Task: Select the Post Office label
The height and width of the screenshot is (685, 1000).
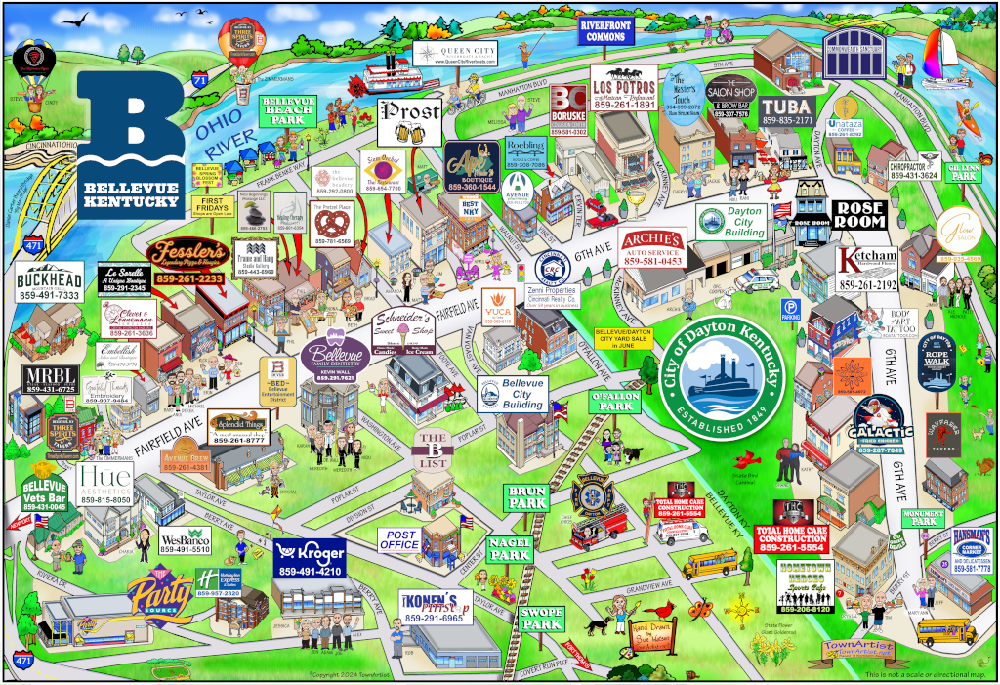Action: coord(400,539)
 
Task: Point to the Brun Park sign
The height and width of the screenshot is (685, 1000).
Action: coord(527,497)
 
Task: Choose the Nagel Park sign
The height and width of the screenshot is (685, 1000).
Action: coord(510,549)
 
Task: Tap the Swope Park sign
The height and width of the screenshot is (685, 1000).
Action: coord(541,619)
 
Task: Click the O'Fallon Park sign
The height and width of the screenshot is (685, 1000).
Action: coord(612,401)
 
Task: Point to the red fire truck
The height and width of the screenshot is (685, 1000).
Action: coord(598,529)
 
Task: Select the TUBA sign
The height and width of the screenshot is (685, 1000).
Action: coord(787,110)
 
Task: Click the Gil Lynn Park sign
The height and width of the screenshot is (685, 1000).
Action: coord(964,172)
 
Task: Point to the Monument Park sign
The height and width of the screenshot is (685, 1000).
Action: coord(923,518)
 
